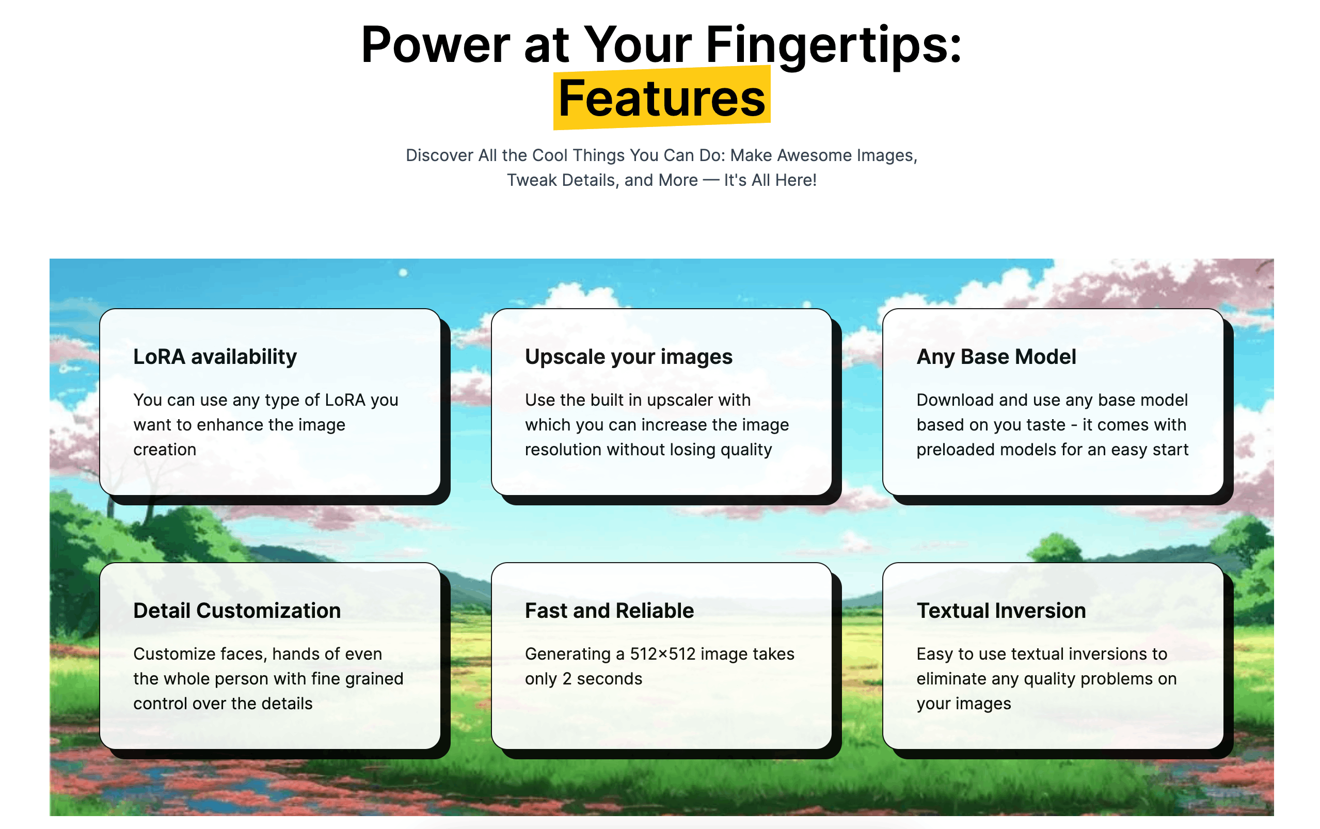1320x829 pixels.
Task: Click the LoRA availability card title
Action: point(215,357)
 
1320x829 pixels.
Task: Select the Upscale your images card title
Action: point(629,357)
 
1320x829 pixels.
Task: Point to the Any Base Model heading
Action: point(996,357)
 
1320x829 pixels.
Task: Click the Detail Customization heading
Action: point(237,611)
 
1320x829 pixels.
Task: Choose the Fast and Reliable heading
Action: point(610,611)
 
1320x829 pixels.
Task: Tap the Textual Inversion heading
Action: point(1001,611)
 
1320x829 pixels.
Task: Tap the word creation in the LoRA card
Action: point(165,450)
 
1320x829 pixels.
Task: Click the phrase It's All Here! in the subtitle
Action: point(770,180)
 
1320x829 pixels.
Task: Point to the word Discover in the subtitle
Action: point(440,155)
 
